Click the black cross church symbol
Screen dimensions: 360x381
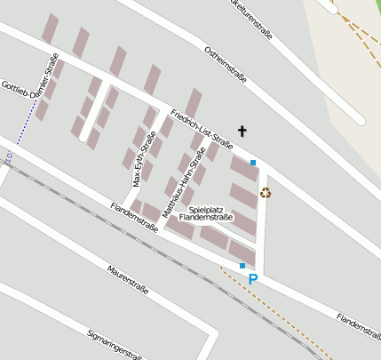242,131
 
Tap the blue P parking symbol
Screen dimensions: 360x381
253,279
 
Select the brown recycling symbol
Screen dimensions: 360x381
265,192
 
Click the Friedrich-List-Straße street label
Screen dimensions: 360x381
202,129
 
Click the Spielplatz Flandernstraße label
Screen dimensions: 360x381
205,212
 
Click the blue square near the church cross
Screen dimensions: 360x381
253,162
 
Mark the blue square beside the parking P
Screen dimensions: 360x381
242,265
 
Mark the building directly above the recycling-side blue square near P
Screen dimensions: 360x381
242,251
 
